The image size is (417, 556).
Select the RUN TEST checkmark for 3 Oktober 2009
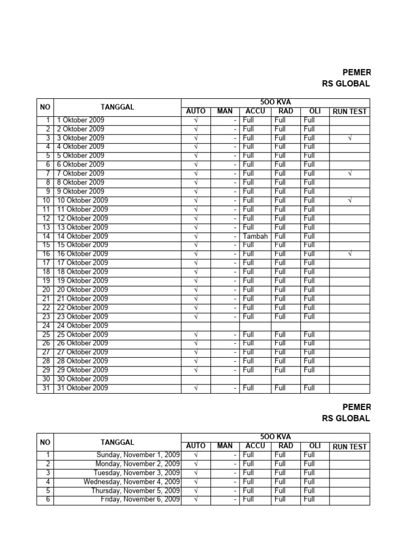point(350,138)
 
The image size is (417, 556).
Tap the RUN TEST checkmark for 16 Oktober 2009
point(350,254)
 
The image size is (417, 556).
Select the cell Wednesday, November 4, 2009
point(132,482)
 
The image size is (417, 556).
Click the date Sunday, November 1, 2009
point(138,454)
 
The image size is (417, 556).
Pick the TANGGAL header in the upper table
point(117,107)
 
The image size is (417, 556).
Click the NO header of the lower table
point(45,442)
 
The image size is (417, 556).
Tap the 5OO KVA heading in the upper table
point(275,102)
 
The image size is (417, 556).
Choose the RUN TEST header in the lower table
point(350,446)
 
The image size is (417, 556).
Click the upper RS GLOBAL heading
point(346,84)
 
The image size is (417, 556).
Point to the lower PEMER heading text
point(357,407)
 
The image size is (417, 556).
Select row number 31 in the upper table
point(46,388)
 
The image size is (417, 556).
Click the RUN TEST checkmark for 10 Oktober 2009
point(350,200)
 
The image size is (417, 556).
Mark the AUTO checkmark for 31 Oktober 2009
point(196,388)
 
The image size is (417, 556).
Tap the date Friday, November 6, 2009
point(141,500)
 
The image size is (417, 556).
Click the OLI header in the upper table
point(315,111)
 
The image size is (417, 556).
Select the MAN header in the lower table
point(225,446)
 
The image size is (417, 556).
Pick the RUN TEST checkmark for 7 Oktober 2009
point(350,173)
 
